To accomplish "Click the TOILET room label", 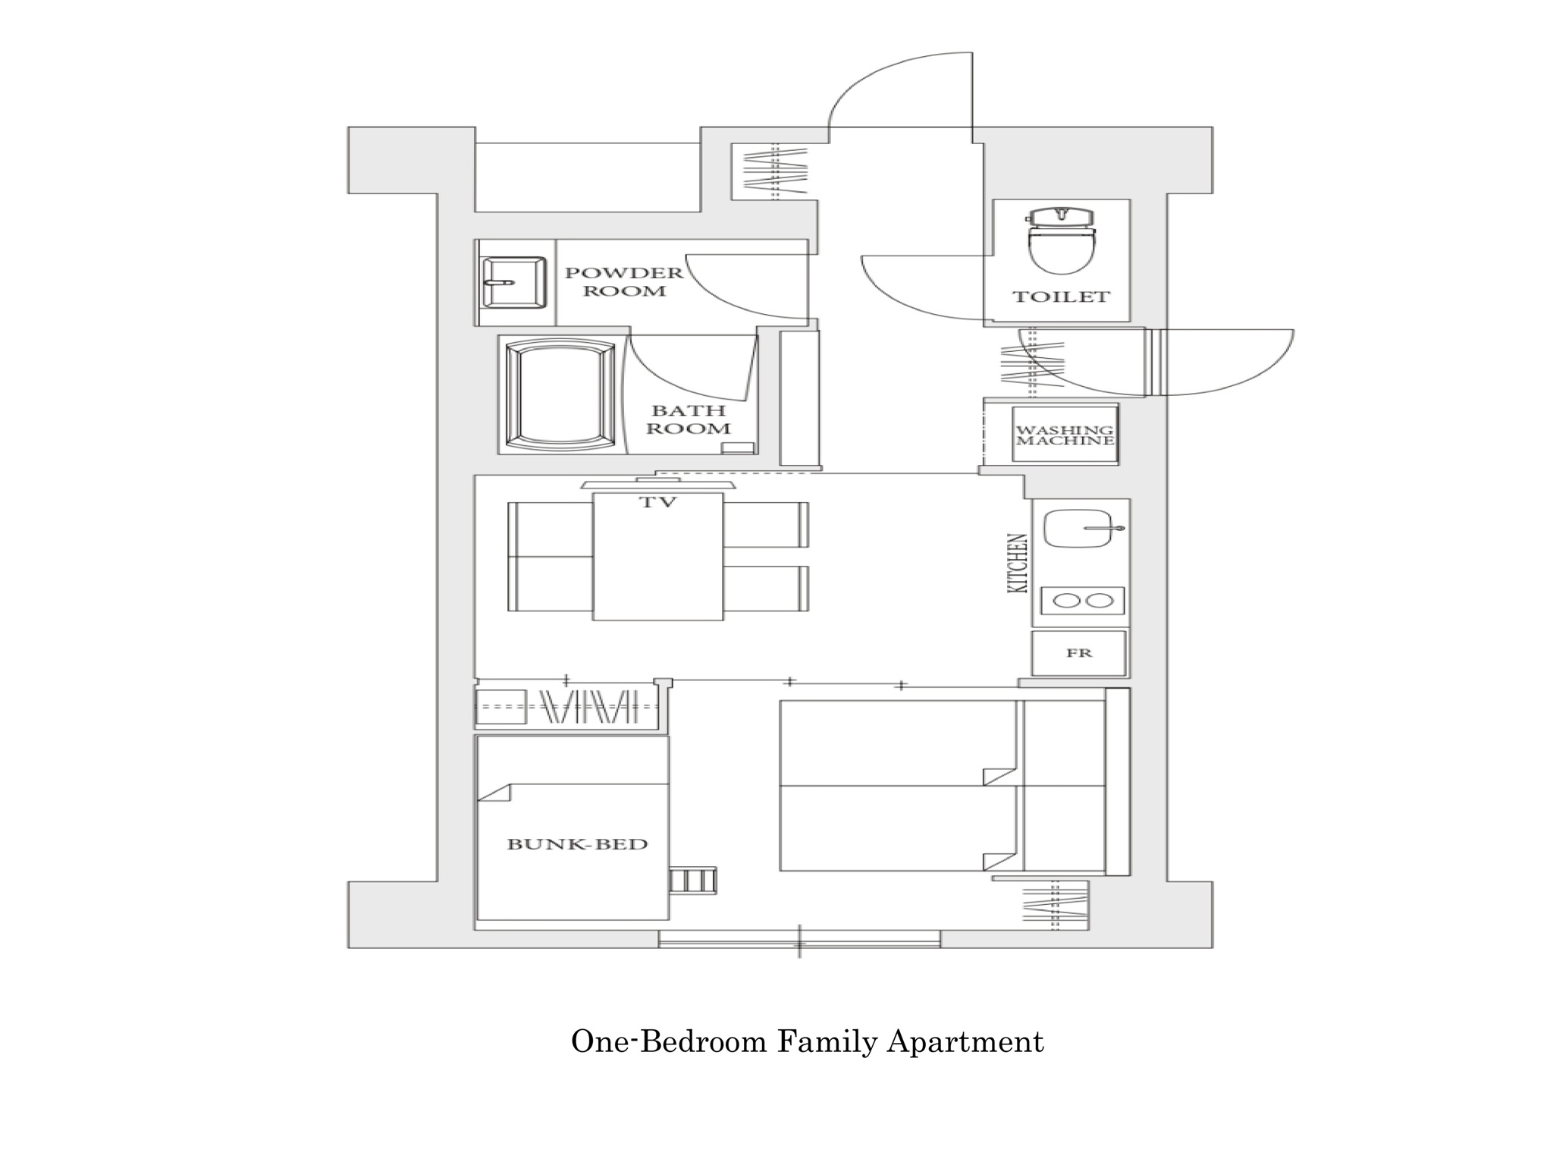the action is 1061,297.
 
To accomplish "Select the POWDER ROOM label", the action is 624,281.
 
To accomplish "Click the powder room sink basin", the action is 514,282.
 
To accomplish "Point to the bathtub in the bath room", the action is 560,394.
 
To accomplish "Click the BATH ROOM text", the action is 689,419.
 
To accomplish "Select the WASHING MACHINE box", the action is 1065,435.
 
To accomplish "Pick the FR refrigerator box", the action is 1079,652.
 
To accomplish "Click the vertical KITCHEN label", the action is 1018,564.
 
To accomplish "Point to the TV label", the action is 657,501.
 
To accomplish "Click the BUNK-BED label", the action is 577,843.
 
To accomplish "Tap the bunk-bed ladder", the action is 692,881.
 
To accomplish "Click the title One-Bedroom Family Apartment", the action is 807,1042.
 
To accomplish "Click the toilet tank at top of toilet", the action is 1061,216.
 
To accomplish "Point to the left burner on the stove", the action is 1068,601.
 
